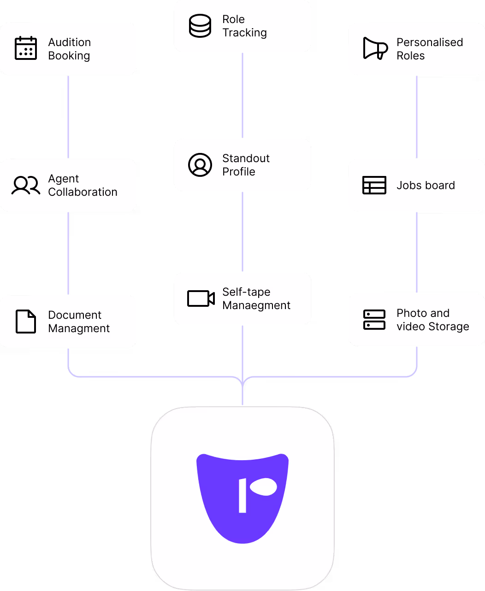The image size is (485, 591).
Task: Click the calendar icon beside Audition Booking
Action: (26, 48)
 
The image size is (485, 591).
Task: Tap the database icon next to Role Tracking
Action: (200, 26)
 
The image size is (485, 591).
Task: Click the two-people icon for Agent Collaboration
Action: (26, 185)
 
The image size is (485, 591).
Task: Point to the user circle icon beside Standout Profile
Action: (200, 165)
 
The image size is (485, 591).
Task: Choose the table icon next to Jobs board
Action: (374, 185)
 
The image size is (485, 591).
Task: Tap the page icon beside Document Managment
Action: (26, 322)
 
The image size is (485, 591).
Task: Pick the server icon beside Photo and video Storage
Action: (374, 320)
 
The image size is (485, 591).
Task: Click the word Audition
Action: (70, 42)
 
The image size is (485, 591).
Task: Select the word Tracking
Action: (244, 33)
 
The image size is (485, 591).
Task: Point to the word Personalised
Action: (430, 42)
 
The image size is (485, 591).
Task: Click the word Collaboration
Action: (83, 192)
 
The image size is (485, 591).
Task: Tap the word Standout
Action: (246, 158)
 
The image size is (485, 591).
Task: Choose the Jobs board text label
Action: (426, 185)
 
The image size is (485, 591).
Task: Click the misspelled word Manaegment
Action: (256, 305)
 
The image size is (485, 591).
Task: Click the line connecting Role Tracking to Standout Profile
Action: (243, 95)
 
